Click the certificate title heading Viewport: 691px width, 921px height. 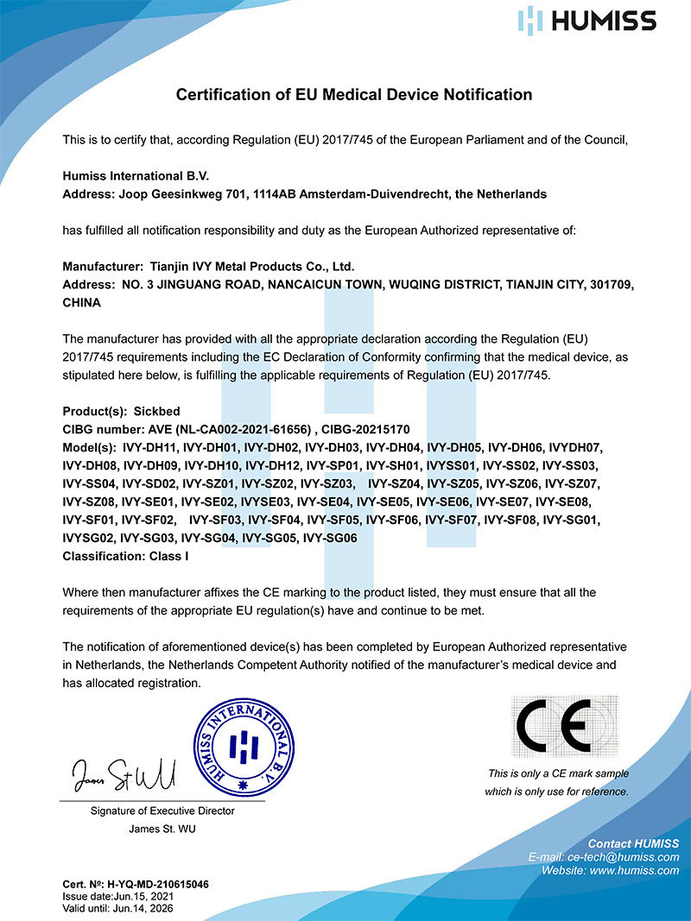click(354, 94)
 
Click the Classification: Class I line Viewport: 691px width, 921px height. click(126, 557)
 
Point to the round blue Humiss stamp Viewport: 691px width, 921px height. click(243, 740)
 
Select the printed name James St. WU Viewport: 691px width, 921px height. click(162, 829)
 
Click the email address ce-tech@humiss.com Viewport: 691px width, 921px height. click(629, 857)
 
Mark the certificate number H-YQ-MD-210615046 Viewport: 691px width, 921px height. click(156, 885)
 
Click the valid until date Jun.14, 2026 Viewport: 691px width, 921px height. click(145, 909)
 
